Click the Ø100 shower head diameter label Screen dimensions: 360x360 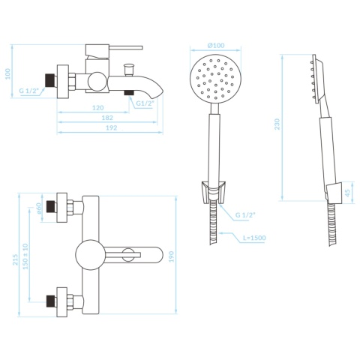216,45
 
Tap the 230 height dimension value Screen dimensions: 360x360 277,124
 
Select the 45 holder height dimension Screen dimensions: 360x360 347,193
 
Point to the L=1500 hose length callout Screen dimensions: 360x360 254,238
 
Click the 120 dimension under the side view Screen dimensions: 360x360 97,108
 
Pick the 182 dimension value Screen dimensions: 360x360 107,118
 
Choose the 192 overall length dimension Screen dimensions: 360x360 111,127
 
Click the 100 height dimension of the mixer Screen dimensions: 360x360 8,73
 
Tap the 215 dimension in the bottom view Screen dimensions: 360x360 16,259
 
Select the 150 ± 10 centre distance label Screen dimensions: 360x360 25,256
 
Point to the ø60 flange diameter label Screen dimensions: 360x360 38,208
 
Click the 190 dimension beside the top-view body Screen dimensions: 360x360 171,256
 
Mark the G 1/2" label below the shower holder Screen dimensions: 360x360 246,214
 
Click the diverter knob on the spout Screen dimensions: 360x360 129,69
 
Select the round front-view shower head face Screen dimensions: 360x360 215,79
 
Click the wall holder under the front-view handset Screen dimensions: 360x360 213,191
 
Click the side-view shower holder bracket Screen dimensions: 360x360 334,192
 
